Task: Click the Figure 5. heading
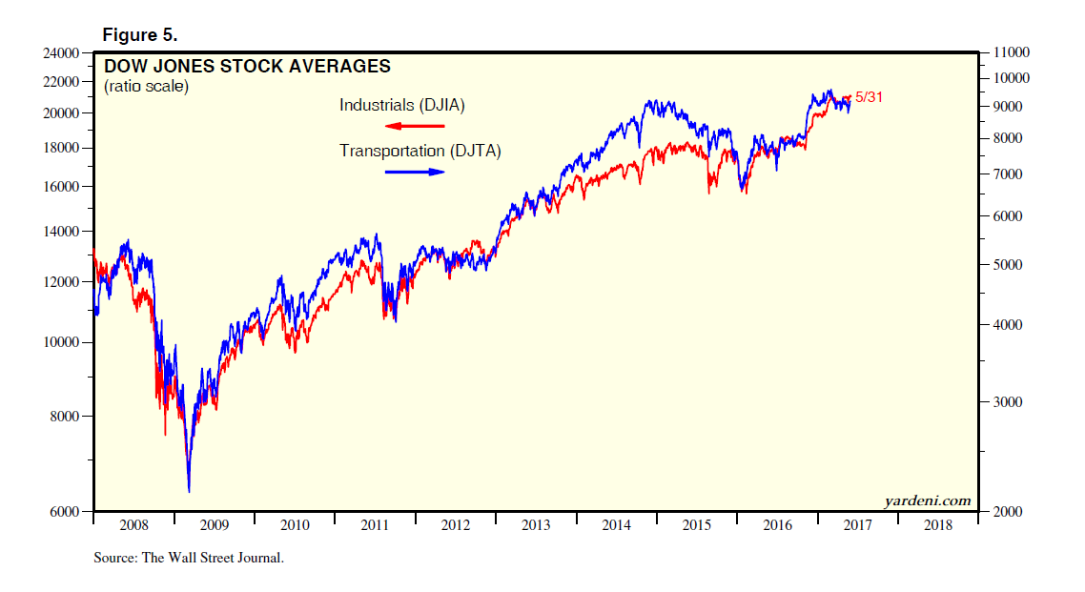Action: pos(140,34)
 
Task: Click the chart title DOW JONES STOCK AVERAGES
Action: pos(246,67)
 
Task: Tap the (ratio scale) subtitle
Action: pos(146,87)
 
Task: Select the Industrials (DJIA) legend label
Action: pos(401,105)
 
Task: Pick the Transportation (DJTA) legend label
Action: pos(420,151)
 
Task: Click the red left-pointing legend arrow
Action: pos(414,126)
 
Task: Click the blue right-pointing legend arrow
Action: pos(415,172)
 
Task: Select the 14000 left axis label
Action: pos(63,232)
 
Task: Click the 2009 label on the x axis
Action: pos(215,525)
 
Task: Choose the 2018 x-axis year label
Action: pos(937,525)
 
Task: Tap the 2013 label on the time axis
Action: pos(536,525)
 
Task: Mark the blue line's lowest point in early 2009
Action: pos(189,491)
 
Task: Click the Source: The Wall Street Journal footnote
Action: pos(189,558)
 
